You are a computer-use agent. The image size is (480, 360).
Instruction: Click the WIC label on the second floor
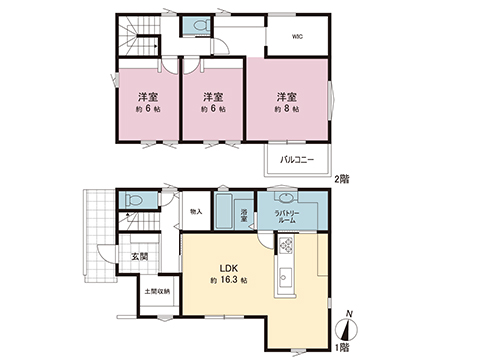click(x=297, y=37)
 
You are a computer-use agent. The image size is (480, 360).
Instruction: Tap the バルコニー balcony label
click(x=296, y=159)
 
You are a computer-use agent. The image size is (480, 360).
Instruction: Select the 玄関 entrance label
click(x=138, y=256)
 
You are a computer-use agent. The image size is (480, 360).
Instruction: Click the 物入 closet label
click(x=195, y=212)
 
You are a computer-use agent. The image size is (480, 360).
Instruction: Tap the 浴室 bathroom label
click(x=245, y=214)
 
